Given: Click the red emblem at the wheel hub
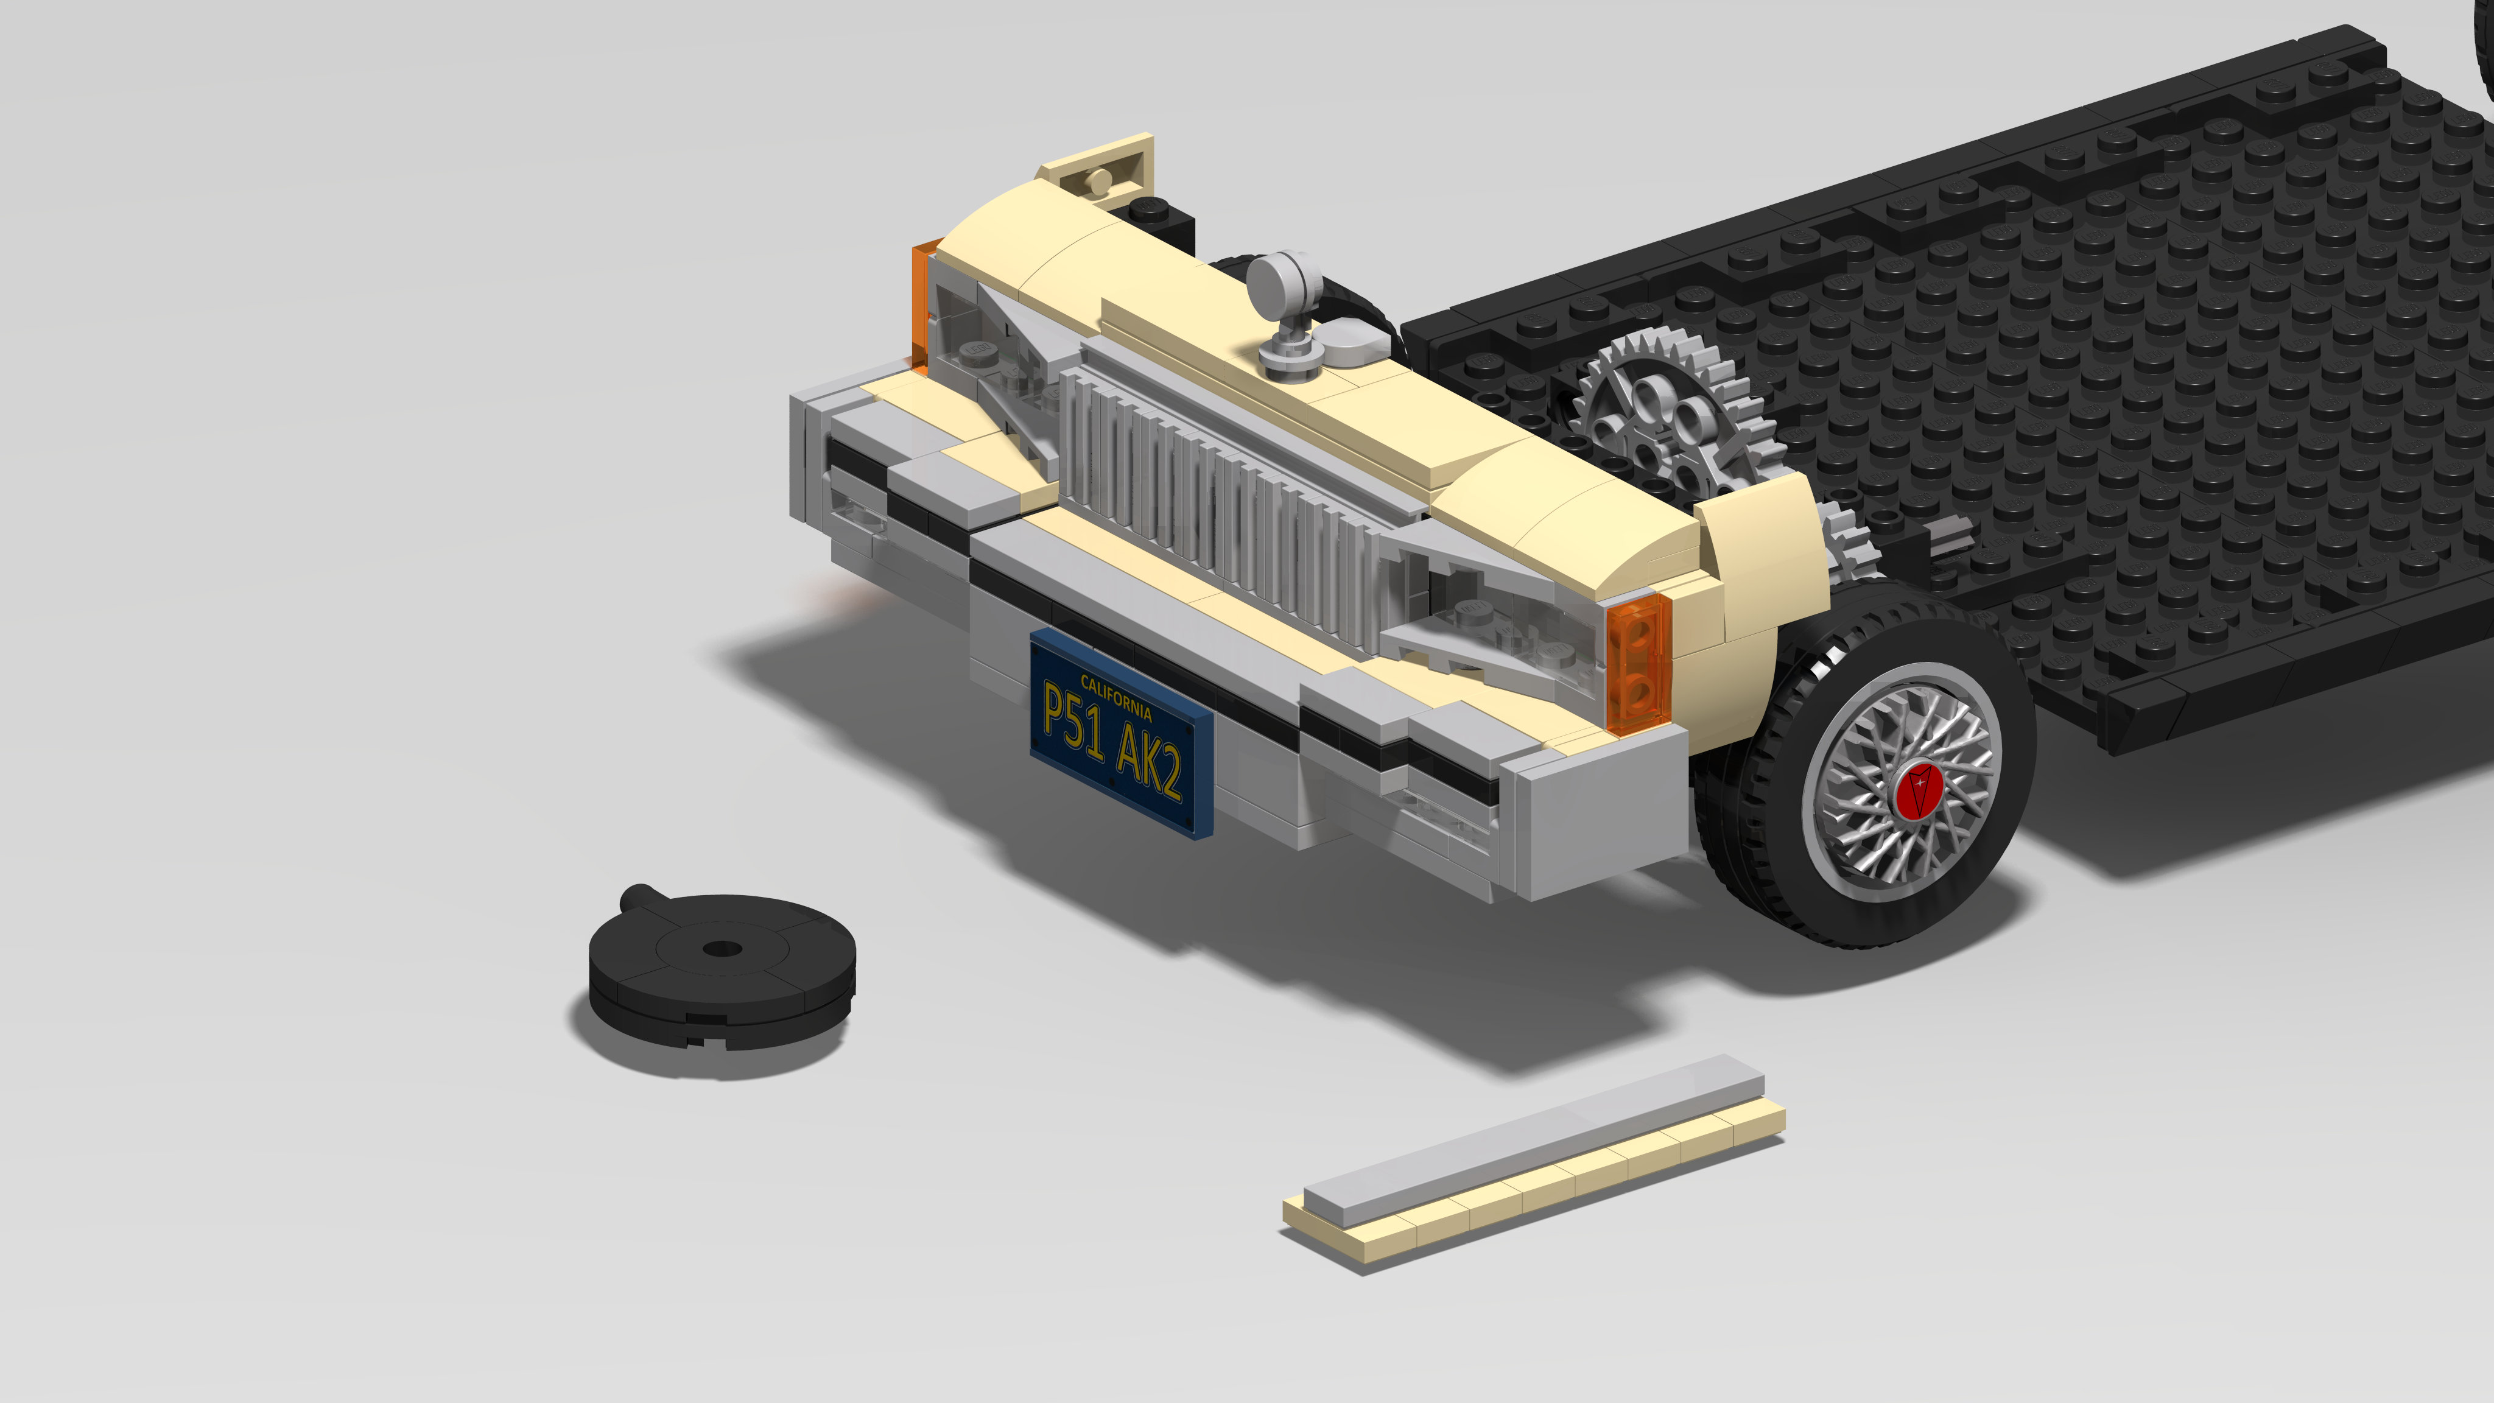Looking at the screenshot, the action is pos(1918,790).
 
